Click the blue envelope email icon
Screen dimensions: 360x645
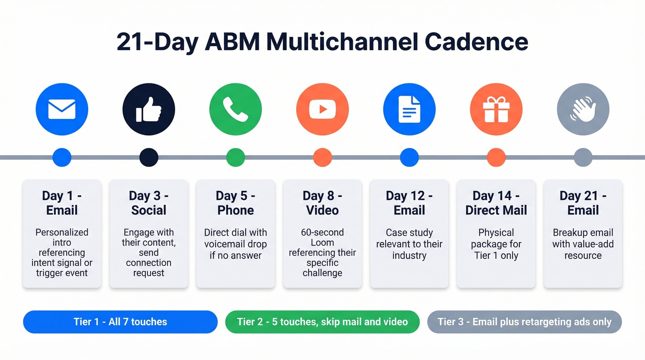[x=62, y=109]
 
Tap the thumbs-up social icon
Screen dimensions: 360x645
[x=149, y=109]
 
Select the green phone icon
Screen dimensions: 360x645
[x=235, y=109]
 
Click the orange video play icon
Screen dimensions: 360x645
[x=322, y=109]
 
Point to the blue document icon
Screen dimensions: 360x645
[x=409, y=109]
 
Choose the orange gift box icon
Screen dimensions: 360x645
[x=496, y=109]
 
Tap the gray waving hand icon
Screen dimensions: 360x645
[x=583, y=109]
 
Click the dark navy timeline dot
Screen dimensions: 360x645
[x=149, y=157]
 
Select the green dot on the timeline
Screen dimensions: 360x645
[x=235, y=157]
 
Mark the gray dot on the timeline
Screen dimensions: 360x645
[x=583, y=157]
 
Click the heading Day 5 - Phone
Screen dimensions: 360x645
[x=235, y=203]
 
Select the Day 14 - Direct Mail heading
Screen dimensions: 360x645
[x=496, y=203]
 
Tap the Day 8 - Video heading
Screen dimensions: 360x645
[x=322, y=203]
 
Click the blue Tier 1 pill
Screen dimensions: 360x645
[x=120, y=322]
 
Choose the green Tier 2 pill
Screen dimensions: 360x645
[x=322, y=322]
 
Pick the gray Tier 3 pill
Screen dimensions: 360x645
[x=524, y=322]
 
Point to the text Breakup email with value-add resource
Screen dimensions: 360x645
[x=583, y=244]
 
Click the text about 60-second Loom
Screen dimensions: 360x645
[x=322, y=253]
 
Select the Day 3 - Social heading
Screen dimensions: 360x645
[x=149, y=203]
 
